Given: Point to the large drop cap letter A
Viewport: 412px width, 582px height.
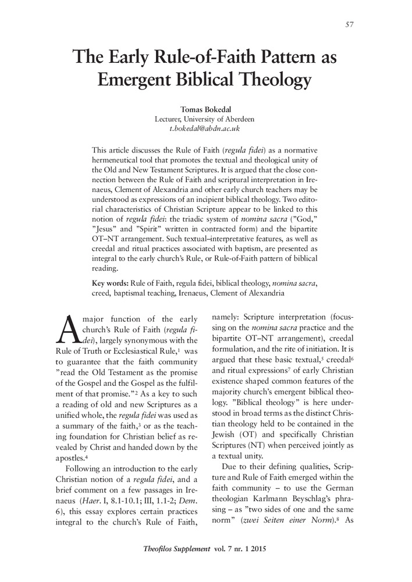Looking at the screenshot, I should [69, 328].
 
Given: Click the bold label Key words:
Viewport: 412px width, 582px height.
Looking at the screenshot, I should [110, 283].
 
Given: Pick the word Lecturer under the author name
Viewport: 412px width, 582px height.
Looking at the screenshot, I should [169, 118].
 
